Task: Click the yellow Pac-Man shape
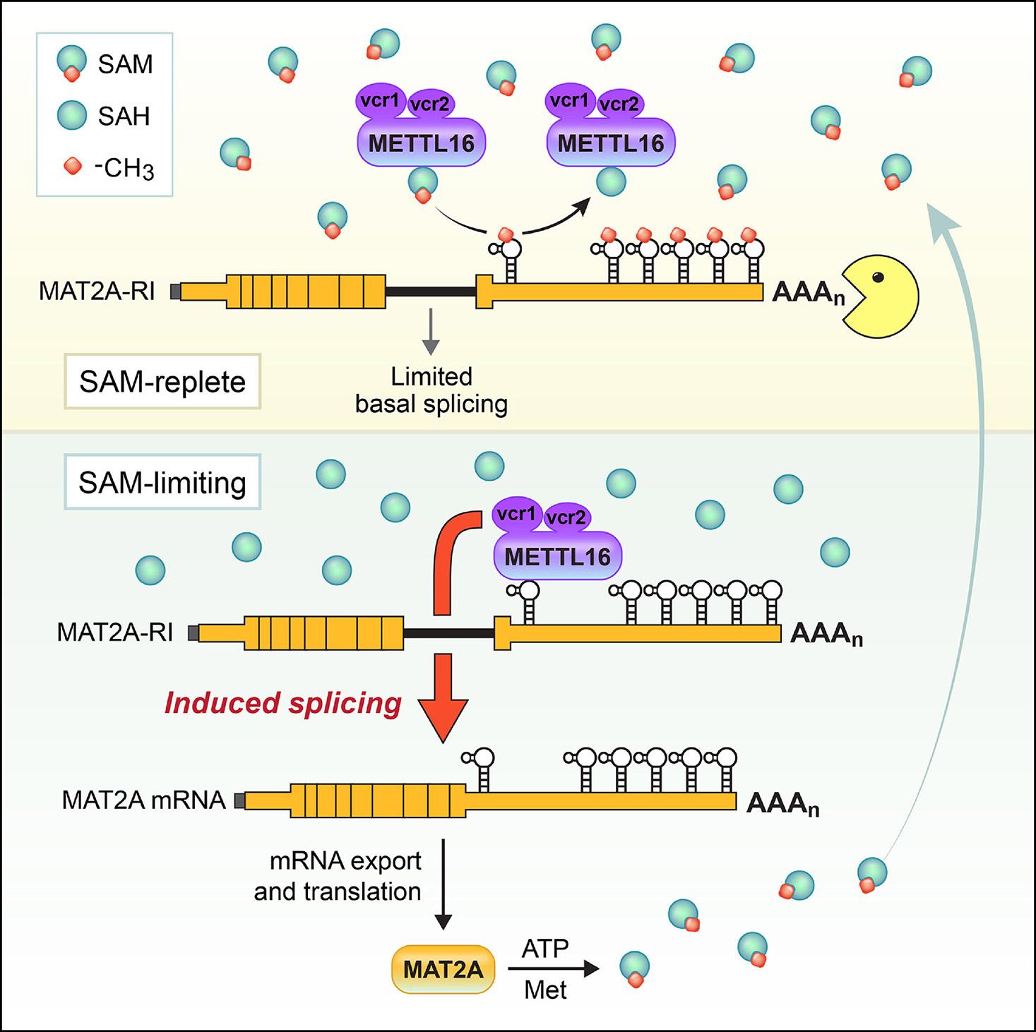tap(876, 296)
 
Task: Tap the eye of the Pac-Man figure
tap(878, 277)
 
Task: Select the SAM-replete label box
tap(162, 382)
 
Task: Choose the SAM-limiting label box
tap(162, 483)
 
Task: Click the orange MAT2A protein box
tap(443, 969)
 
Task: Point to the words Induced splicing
tap(283, 703)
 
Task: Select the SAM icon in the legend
tap(71, 63)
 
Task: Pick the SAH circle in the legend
tap(71, 115)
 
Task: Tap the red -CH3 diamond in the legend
tap(71, 167)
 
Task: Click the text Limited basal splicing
tap(431, 390)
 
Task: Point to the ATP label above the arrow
tap(545, 948)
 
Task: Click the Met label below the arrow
tap(545, 990)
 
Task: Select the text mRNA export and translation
tap(338, 876)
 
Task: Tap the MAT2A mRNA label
tap(144, 800)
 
